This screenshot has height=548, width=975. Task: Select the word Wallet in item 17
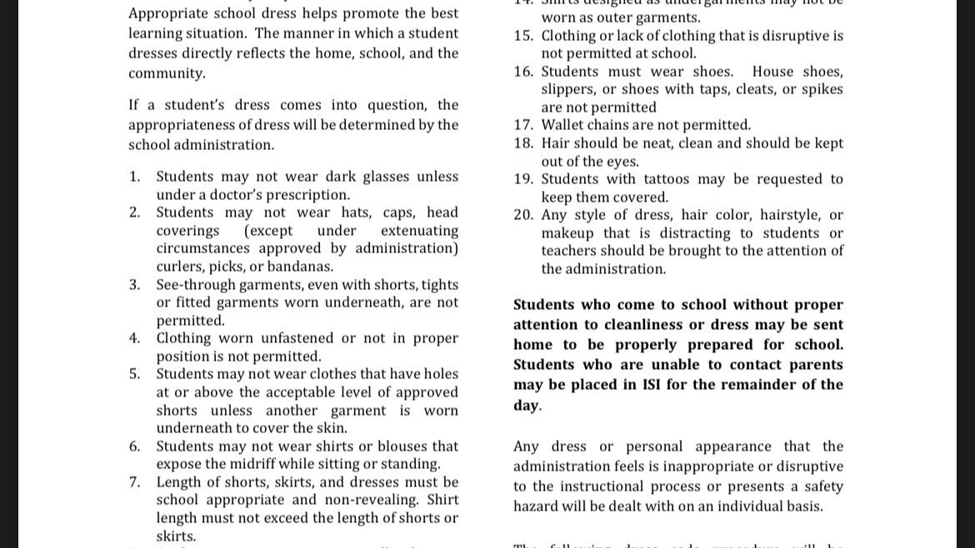point(563,125)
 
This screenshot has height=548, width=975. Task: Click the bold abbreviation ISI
point(652,385)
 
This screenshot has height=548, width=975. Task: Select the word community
point(167,73)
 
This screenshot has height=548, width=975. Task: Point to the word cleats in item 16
point(747,89)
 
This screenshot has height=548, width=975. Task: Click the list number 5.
point(134,374)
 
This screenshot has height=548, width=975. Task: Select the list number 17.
point(523,125)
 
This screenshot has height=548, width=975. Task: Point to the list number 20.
point(523,215)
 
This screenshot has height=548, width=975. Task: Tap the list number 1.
point(134,177)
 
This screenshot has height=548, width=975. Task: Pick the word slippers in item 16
point(568,89)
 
